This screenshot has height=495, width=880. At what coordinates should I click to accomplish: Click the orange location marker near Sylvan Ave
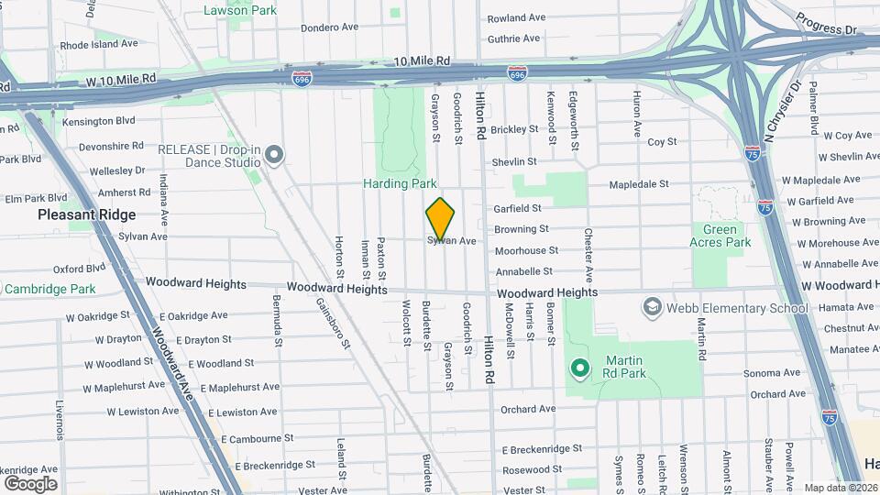coord(440,219)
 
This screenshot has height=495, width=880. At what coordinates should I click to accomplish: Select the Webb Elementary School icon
coord(652,306)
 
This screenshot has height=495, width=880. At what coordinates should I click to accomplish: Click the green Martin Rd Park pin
coord(579,368)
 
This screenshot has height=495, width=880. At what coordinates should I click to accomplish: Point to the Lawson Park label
coord(239,10)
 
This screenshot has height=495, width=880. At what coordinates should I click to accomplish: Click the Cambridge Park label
coord(49,289)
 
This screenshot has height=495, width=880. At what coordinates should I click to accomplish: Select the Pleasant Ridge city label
coord(86,214)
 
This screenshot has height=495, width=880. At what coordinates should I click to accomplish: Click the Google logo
coord(30,483)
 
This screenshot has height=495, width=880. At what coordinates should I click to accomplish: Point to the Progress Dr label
coord(825,24)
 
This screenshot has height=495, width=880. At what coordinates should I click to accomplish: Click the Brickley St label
coord(518,130)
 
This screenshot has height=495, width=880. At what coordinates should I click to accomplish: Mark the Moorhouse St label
coord(526,250)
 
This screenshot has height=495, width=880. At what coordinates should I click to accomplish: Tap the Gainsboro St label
coord(334,324)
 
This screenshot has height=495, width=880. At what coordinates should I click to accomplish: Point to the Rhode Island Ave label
coord(99,43)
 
